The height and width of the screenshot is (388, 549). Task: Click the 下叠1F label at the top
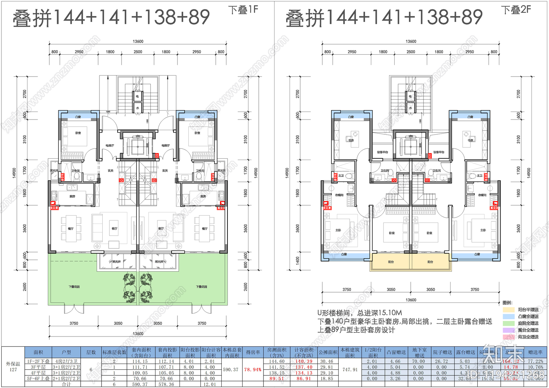click(x=243, y=10)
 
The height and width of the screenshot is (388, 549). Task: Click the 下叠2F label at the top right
click(x=516, y=10)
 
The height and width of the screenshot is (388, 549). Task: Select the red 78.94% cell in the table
click(x=253, y=370)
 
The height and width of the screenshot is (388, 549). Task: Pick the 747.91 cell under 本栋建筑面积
click(x=350, y=370)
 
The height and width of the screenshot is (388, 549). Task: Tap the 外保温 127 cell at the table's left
click(x=13, y=367)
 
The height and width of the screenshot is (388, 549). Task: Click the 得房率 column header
click(x=253, y=352)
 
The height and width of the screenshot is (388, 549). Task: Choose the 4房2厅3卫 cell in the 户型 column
click(x=66, y=361)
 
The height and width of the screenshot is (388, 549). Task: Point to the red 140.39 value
click(x=304, y=361)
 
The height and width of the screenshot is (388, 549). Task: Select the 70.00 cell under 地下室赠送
click(x=418, y=361)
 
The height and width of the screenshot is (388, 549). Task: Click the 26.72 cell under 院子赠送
click(x=441, y=361)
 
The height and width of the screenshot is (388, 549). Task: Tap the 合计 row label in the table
click(x=66, y=384)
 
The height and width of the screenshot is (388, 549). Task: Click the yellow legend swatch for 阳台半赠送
click(x=509, y=310)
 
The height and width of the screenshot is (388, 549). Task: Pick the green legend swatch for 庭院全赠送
click(x=509, y=323)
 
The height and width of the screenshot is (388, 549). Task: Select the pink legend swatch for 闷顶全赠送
click(x=509, y=337)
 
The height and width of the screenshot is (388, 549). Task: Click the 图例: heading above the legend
click(x=507, y=303)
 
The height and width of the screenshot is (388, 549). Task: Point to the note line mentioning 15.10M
click(x=360, y=313)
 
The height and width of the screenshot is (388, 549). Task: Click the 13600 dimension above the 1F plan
click(x=138, y=42)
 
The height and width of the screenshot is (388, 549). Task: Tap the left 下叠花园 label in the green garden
click(x=74, y=287)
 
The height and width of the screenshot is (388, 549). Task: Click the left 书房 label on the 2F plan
click(x=351, y=140)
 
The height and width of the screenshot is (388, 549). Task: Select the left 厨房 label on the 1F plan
click(x=72, y=196)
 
